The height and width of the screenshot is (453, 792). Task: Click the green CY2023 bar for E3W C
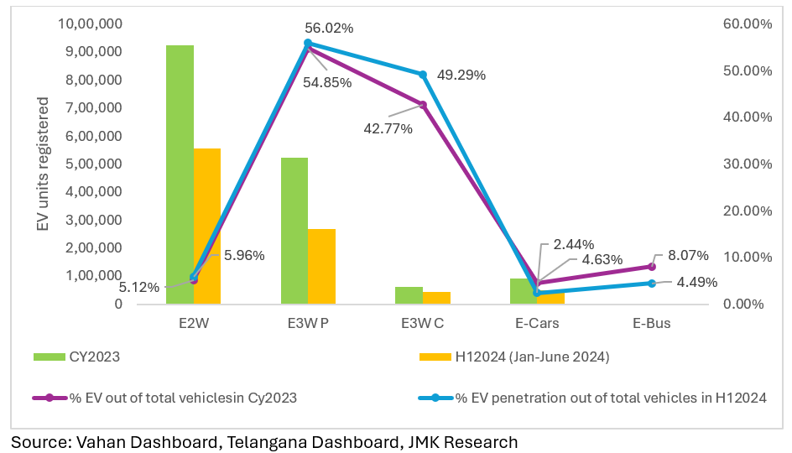click(409, 295)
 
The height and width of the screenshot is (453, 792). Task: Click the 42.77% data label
click(389, 128)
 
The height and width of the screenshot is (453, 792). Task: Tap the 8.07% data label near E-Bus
click(688, 255)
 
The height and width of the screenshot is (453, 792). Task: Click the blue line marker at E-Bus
click(652, 284)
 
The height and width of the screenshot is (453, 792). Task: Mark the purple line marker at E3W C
click(423, 105)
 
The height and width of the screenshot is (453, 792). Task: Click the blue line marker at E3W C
click(423, 75)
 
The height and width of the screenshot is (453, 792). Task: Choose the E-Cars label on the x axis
click(537, 323)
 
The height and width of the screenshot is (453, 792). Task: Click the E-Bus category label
click(652, 323)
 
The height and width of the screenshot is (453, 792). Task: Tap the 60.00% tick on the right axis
click(747, 24)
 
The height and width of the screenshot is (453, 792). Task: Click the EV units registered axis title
click(43, 164)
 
